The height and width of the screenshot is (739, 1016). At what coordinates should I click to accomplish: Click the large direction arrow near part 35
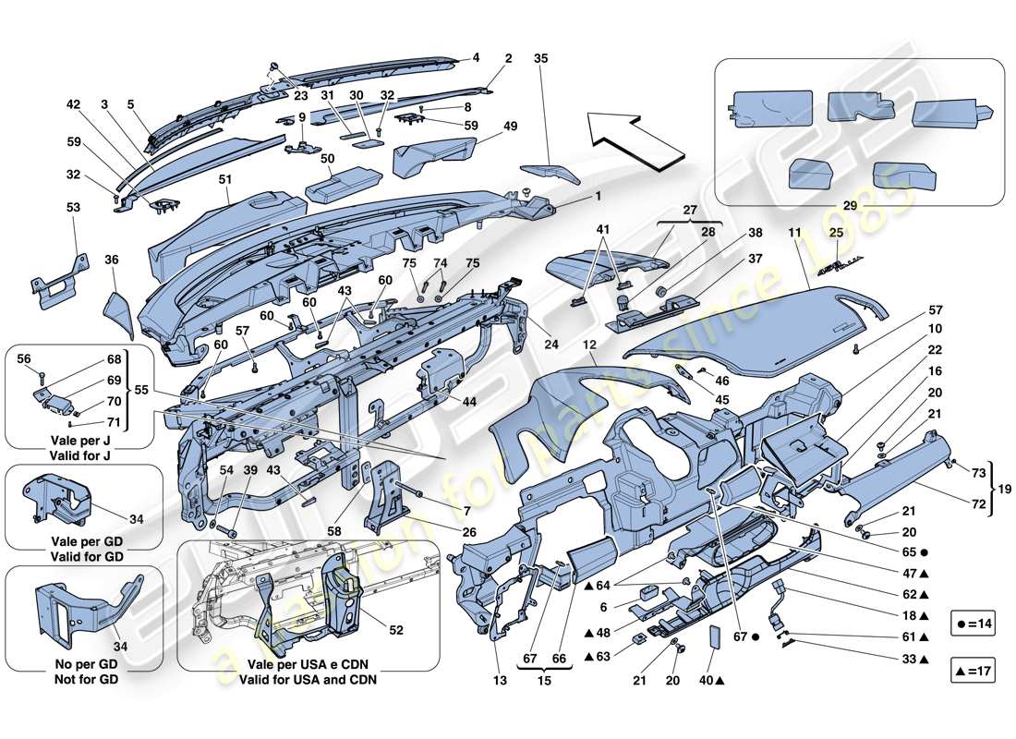click(623, 138)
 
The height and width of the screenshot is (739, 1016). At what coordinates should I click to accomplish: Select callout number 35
click(540, 58)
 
